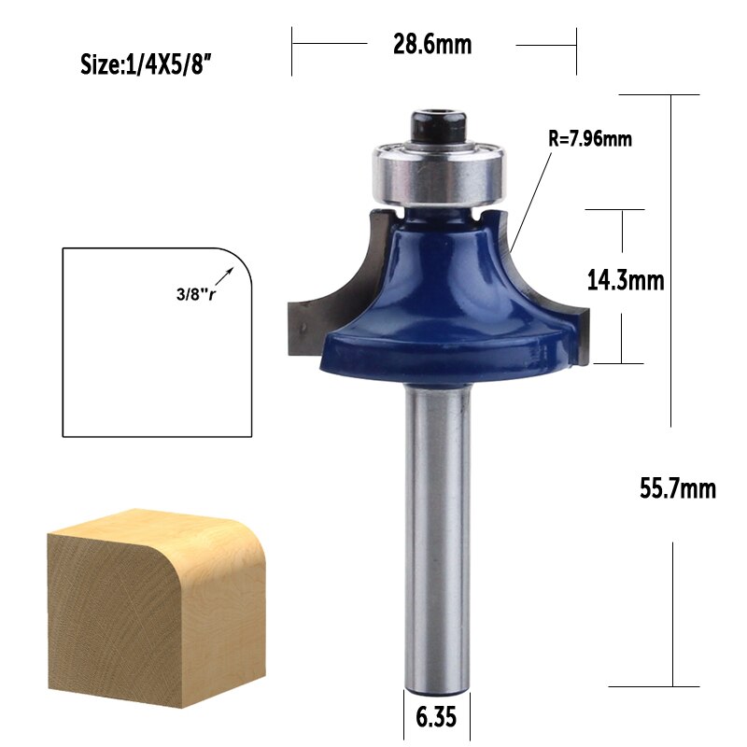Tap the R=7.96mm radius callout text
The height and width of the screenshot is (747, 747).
pos(589,140)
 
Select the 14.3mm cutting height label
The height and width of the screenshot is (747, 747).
pos(625,279)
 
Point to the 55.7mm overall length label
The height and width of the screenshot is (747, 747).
pos(677,487)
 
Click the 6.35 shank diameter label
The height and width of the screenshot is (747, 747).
pos(436,720)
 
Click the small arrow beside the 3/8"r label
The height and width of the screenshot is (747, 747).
pos(225,275)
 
